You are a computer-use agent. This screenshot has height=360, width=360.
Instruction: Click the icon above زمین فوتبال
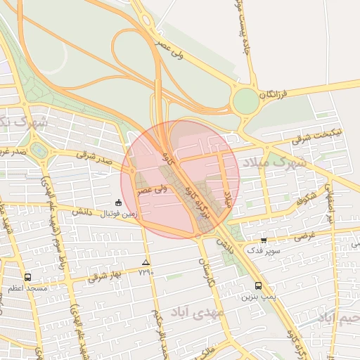coord(118,202)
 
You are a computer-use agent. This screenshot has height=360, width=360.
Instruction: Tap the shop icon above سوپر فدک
coord(264,240)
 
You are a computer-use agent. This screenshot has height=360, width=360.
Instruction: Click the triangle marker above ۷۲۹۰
coord(146,262)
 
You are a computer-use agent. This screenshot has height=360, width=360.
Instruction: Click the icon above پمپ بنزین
coord(259,285)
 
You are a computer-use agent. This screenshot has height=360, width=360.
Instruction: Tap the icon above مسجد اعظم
coord(27,277)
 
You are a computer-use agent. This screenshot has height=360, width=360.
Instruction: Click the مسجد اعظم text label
coord(27,288)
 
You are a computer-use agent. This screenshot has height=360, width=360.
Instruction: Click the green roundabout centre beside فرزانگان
coord(246,101)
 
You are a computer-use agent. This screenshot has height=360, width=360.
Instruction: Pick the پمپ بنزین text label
coord(256,296)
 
